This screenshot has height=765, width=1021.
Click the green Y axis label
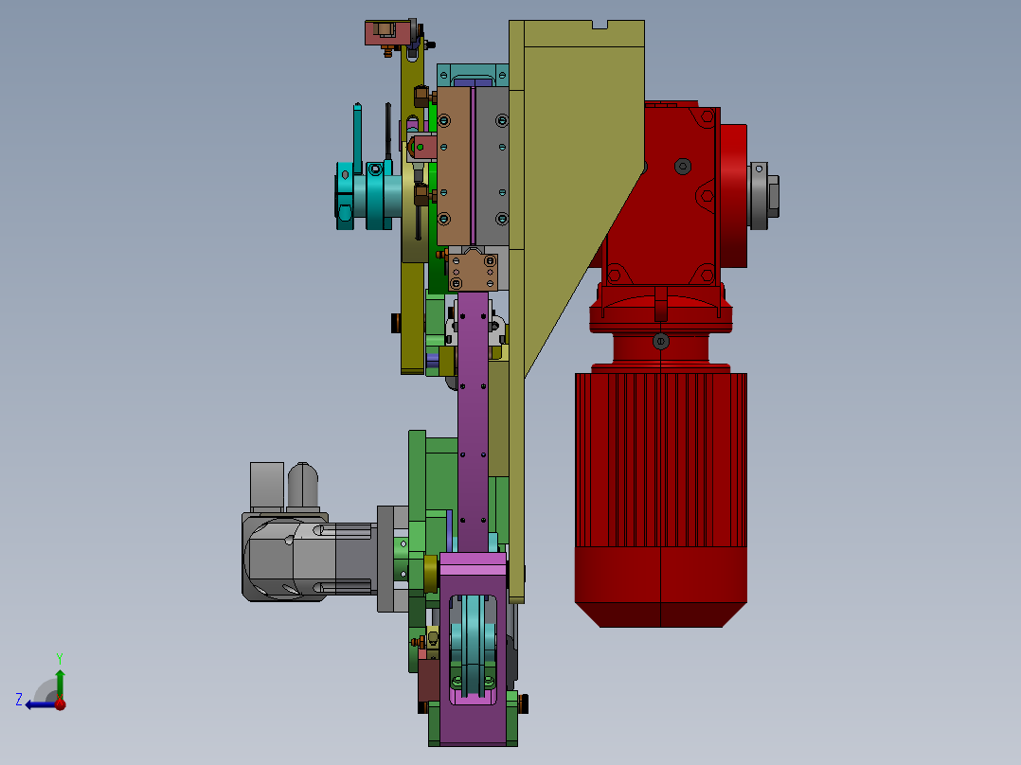pos(60,658)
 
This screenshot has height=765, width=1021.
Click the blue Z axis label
pos(19,700)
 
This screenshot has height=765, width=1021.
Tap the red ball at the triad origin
pos(60,703)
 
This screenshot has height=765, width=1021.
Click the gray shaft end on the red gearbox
pos(764,195)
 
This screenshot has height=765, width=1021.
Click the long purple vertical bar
pos(474,422)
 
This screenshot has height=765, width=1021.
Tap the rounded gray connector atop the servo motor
pos(303,486)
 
